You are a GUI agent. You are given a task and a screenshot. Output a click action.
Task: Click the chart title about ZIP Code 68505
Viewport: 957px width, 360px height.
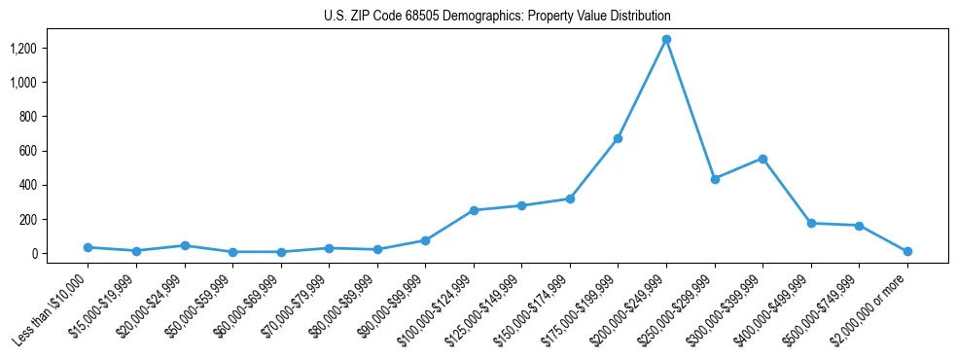click(x=497, y=17)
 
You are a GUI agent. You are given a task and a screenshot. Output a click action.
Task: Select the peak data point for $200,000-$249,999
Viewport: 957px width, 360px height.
click(x=666, y=40)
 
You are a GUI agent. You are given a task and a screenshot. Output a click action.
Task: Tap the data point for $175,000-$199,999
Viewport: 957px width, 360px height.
click(x=618, y=139)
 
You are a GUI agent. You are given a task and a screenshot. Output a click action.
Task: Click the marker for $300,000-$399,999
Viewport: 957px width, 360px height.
click(x=762, y=159)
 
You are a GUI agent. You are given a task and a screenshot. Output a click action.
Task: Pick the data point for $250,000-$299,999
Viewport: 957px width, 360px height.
click(x=715, y=179)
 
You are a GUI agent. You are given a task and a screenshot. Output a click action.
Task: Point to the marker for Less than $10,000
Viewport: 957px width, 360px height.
click(x=88, y=247)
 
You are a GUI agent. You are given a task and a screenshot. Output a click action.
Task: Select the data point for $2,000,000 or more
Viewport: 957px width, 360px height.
click(x=907, y=251)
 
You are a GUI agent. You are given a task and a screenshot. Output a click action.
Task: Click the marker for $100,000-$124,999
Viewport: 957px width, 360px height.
click(x=474, y=210)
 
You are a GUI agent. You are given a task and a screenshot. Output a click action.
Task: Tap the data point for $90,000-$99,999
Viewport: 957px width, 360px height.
click(x=425, y=240)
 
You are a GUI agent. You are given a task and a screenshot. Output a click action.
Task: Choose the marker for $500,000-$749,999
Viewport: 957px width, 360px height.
click(x=859, y=226)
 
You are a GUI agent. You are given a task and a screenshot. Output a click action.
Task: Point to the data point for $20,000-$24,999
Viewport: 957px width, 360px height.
click(x=184, y=245)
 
